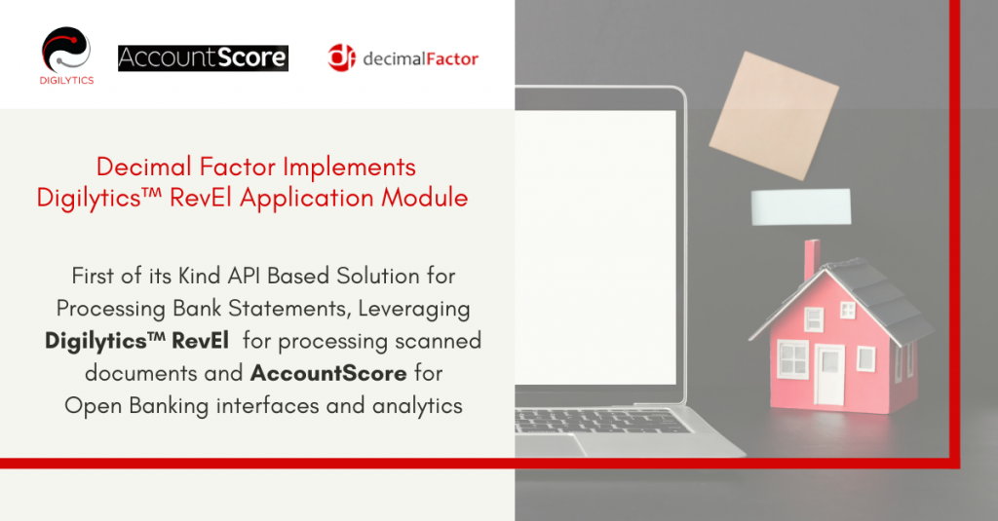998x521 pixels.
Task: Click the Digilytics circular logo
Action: (67, 49)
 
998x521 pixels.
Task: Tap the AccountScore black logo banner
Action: (203, 58)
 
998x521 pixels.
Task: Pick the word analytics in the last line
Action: (417, 405)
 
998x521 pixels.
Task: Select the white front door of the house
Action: (829, 375)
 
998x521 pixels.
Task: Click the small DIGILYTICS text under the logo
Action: (67, 81)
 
